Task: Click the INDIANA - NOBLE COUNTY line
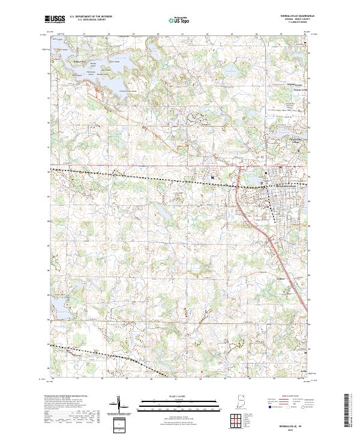(x=295, y=21)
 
